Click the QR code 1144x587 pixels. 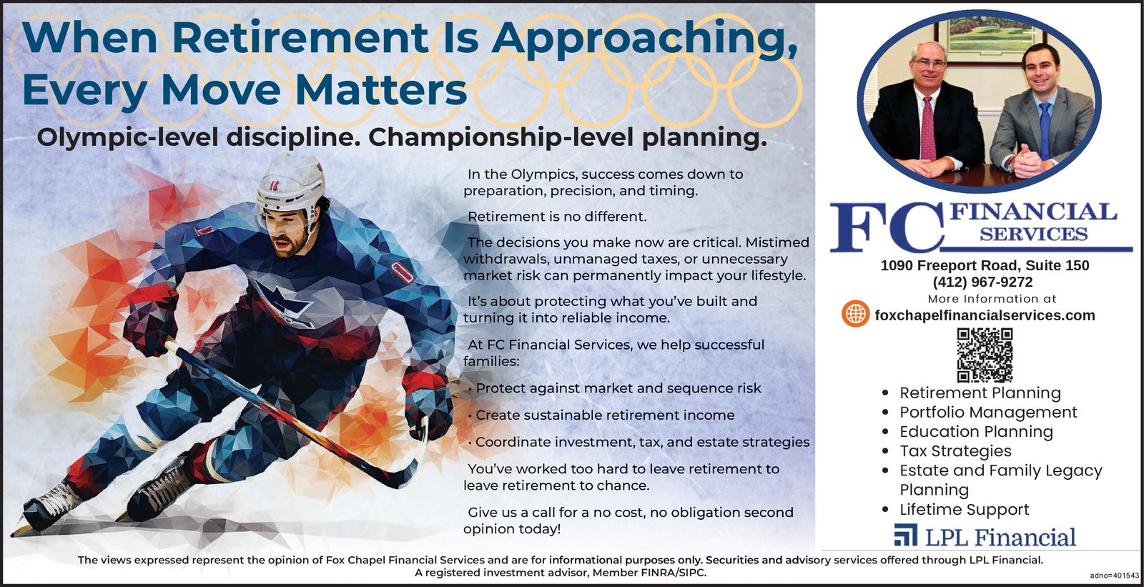coord(985,355)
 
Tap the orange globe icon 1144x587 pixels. coord(855,314)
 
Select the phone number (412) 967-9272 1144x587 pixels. coord(982,282)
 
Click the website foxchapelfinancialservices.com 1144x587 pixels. coord(985,315)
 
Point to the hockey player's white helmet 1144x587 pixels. coord(290,184)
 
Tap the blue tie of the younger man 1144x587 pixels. coord(1045,130)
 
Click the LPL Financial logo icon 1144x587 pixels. coord(905,535)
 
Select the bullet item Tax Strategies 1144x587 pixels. coord(955,451)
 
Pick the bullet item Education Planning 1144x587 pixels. coord(976,432)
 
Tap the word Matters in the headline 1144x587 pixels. coord(381,90)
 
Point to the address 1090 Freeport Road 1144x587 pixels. coord(950,266)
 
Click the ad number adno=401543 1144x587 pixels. coord(1115,576)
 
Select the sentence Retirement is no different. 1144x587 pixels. coord(557,217)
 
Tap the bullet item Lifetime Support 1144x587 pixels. coord(965,509)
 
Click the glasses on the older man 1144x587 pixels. coord(929,64)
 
